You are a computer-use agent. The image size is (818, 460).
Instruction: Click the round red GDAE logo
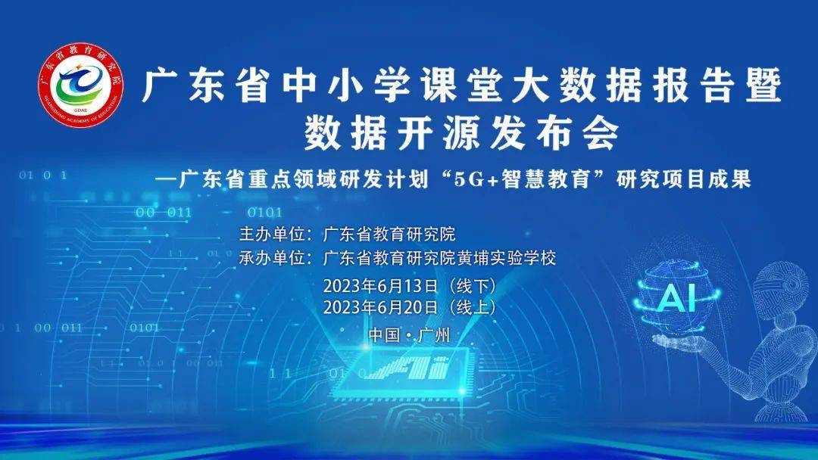tap(81, 85)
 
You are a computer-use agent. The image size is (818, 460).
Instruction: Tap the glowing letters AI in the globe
tap(677, 299)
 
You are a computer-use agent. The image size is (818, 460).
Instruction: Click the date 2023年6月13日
tap(380, 285)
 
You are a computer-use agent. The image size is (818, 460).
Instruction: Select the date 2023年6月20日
tap(380, 307)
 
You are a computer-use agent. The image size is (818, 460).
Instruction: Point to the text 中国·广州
tap(410, 335)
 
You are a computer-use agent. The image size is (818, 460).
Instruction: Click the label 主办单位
tap(272, 234)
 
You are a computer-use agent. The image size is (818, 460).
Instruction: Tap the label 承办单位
tap(272, 258)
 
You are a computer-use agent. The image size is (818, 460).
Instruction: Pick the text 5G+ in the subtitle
tap(476, 179)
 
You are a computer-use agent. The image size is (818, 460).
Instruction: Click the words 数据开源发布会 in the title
tap(461, 133)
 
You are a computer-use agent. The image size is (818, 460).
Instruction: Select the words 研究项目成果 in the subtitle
tap(683, 179)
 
